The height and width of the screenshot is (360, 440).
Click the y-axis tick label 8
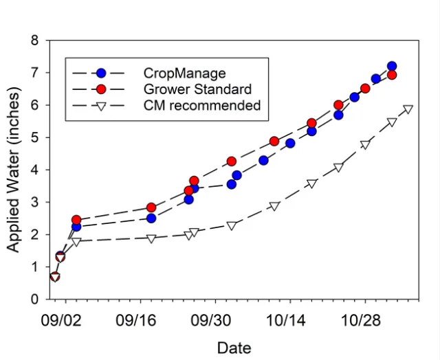(x=34, y=41)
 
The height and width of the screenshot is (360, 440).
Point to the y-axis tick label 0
(x=34, y=300)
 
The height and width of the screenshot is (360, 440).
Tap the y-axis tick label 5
(x=34, y=137)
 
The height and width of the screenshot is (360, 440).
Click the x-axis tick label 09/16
(x=141, y=319)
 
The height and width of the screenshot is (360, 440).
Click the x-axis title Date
(x=234, y=348)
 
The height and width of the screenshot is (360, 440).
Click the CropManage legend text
(x=184, y=73)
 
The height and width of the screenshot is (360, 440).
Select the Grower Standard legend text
(x=197, y=89)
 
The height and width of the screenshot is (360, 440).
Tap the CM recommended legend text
(x=202, y=106)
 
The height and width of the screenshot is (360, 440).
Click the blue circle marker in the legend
(x=101, y=73)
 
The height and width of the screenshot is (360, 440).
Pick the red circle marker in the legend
(x=101, y=89)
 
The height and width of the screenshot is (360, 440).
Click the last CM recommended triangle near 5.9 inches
(x=408, y=109)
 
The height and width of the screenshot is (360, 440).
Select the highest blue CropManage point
(x=392, y=67)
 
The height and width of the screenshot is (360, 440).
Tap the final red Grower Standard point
(x=392, y=75)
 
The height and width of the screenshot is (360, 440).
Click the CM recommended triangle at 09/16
(x=151, y=238)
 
